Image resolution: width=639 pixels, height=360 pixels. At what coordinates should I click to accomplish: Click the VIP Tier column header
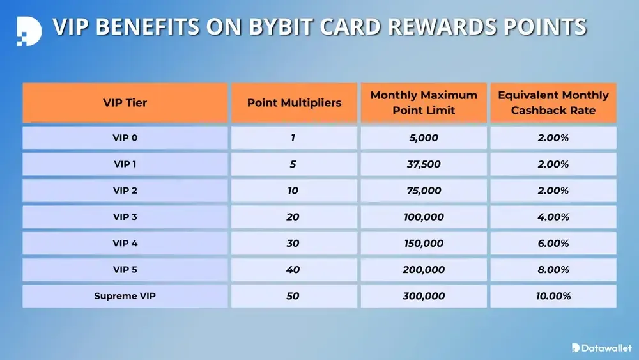[x=125, y=102]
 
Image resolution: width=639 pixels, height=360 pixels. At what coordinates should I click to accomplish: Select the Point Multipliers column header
[x=294, y=102]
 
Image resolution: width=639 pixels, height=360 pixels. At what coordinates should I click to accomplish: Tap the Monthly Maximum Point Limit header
[x=424, y=102]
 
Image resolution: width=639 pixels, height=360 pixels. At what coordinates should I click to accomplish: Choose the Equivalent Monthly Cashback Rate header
[x=553, y=102]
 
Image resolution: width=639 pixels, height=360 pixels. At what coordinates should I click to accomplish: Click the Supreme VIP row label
[x=125, y=296]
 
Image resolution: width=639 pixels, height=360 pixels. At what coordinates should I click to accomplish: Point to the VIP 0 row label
[x=125, y=137]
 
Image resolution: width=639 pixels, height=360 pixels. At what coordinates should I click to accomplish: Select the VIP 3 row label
[x=125, y=217]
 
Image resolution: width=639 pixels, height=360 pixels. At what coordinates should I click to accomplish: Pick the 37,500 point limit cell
[x=424, y=164]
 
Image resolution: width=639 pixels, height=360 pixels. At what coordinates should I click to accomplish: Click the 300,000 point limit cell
[x=424, y=296]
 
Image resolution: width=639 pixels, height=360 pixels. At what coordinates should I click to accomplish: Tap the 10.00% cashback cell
[x=553, y=296]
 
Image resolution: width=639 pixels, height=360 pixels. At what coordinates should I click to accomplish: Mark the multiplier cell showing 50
[x=293, y=296]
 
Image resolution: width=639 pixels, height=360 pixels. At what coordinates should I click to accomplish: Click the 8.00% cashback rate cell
[x=553, y=270]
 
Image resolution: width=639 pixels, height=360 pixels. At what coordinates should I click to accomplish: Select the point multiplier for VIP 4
[x=293, y=243]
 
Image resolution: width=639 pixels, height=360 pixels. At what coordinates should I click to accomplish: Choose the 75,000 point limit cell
[x=424, y=191]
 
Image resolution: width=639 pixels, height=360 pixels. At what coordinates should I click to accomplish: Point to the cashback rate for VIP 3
[x=553, y=217]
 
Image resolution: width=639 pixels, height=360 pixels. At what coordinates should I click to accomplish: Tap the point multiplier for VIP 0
[x=293, y=137]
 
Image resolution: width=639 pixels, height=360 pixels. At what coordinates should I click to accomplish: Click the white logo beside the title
[x=28, y=29]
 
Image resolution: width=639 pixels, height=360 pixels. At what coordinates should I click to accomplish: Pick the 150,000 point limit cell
[x=424, y=243]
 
